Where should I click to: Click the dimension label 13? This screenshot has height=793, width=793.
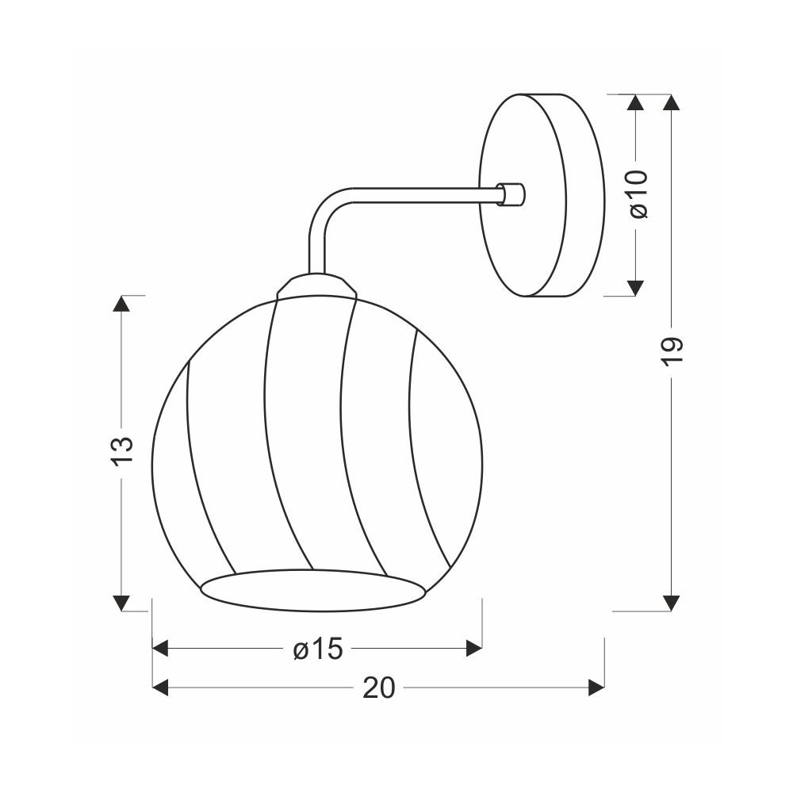pyautogui.click(x=122, y=451)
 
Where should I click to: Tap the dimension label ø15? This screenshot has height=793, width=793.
pyautogui.click(x=318, y=649)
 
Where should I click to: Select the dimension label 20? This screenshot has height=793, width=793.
pyautogui.click(x=379, y=688)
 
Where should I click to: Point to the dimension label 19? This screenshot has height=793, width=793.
pyautogui.click(x=672, y=351)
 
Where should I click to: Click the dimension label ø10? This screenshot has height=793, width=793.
pyautogui.click(x=638, y=194)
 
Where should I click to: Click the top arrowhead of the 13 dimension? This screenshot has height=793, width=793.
pyautogui.click(x=121, y=303)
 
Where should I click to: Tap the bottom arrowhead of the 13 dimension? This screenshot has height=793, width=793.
pyautogui.click(x=121, y=603)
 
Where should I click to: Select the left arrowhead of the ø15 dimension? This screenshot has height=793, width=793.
pyautogui.click(x=160, y=648)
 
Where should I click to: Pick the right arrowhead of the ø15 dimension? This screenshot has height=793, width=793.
pyautogui.click(x=474, y=648)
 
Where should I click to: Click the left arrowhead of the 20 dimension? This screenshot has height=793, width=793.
pyautogui.click(x=160, y=688)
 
